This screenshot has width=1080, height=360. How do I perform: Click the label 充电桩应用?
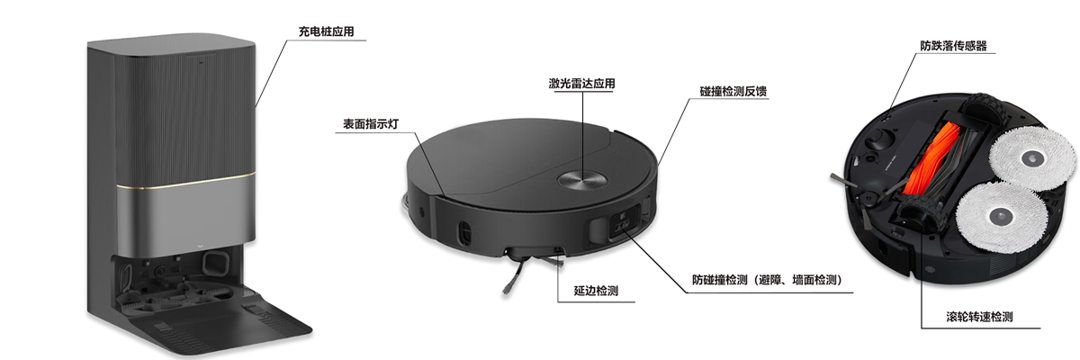(327, 31)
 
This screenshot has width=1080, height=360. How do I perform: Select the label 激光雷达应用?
(582, 84)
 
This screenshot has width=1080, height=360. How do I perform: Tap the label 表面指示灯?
(371, 124)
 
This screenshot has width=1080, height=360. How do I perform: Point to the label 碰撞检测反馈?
(733, 92)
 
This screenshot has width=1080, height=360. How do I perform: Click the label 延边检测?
(596, 291)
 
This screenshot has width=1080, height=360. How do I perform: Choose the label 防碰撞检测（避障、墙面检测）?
(768, 280)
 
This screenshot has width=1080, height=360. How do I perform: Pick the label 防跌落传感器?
(954, 46)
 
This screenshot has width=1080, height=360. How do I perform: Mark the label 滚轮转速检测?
(980, 317)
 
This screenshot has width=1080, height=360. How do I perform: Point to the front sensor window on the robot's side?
(623, 224)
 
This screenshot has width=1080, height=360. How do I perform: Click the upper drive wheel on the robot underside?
(981, 108)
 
